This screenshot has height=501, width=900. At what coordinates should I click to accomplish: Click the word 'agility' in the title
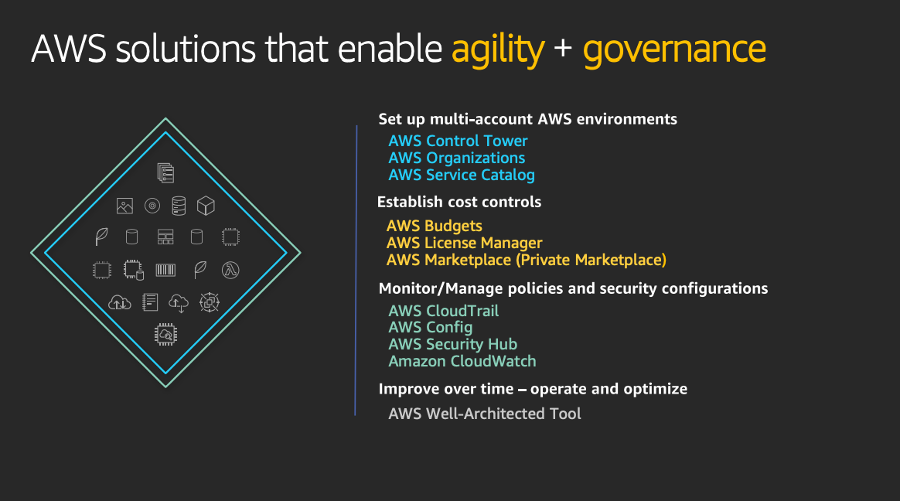point(498,50)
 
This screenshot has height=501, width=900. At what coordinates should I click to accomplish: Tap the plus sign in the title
point(563,48)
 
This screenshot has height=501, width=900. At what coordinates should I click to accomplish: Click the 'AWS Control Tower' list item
point(458,141)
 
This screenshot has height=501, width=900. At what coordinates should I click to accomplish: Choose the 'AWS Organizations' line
point(456,158)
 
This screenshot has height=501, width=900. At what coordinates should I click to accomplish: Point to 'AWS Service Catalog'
point(462,175)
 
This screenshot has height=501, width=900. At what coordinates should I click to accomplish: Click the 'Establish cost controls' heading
point(459,202)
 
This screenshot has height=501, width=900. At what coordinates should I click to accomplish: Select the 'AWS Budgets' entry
point(434,226)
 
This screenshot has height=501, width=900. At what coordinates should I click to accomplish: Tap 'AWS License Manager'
point(464,243)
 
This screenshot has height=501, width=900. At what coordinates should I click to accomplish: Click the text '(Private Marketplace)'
point(591,260)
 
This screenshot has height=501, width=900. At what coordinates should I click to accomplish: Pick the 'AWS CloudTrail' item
point(443,311)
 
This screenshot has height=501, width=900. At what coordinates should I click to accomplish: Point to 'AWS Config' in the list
point(431,328)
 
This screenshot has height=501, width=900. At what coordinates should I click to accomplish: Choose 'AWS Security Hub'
point(453,344)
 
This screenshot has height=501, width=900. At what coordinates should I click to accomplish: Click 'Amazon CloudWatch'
point(462,362)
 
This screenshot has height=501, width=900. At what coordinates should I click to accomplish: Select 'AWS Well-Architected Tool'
point(485,414)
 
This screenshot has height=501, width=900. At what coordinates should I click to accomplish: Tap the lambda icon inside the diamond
point(230,270)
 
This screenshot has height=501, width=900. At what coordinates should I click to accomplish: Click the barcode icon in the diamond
point(165,270)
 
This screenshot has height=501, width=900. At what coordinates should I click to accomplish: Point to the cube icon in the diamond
point(206,206)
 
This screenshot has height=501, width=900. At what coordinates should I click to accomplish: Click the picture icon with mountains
point(124,206)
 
